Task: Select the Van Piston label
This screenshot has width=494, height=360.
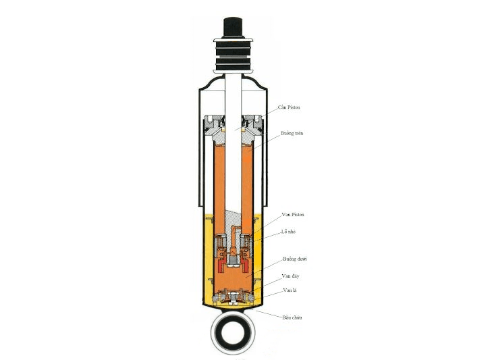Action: coord(293,214)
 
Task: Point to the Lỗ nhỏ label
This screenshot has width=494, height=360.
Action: coord(290,231)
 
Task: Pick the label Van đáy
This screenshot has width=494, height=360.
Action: coord(291,276)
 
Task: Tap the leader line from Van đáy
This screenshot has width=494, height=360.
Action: coord(269,281)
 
